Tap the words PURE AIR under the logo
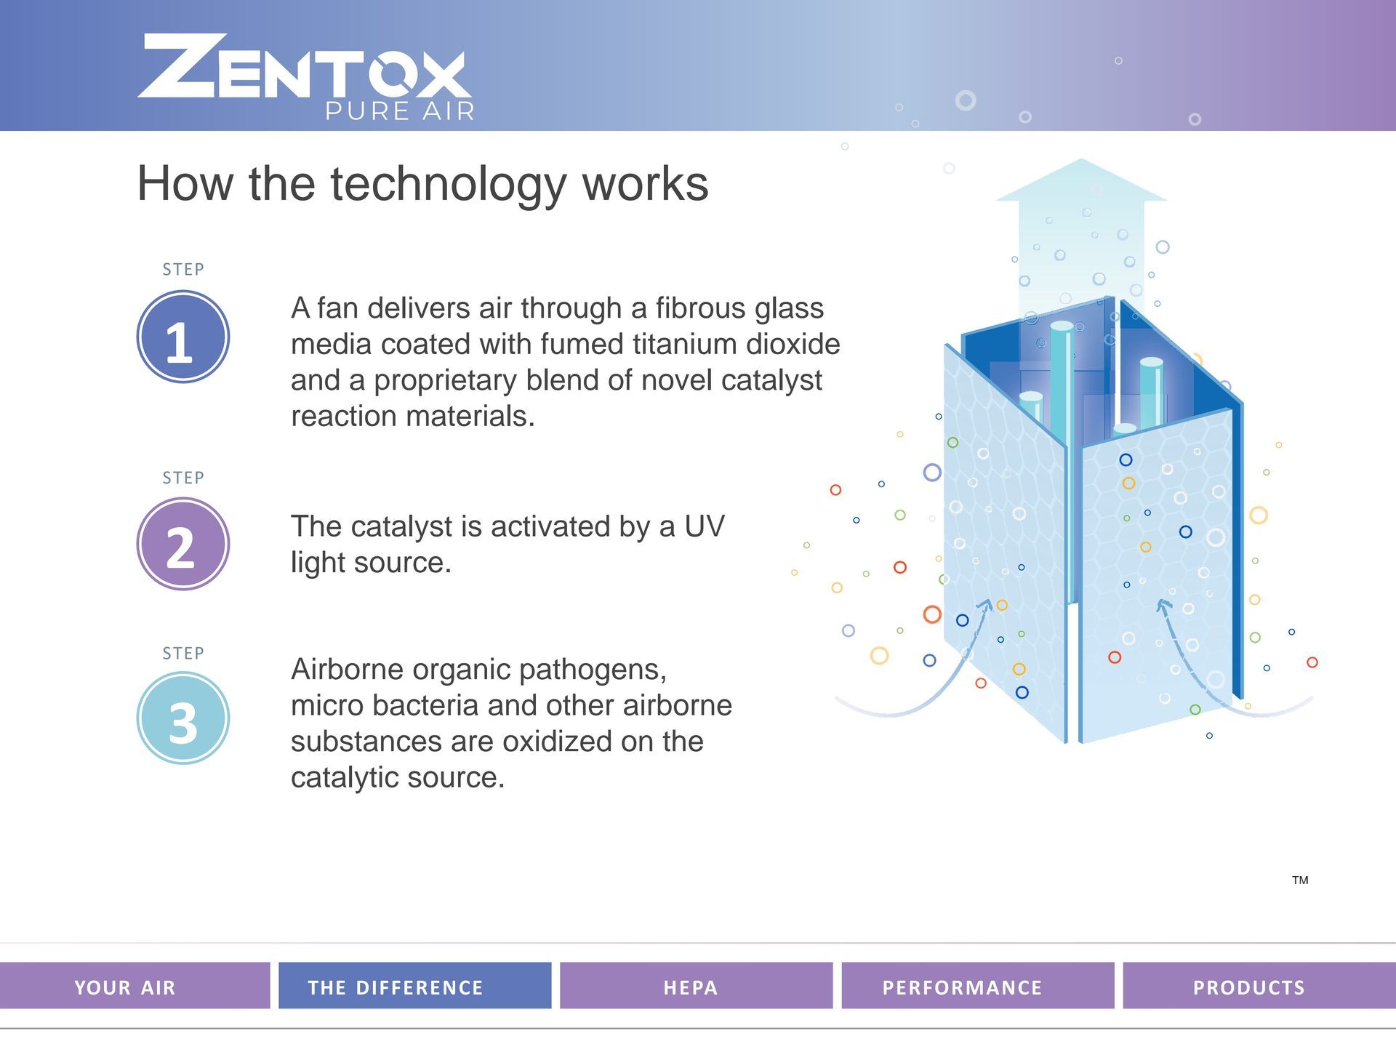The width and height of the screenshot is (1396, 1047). click(x=400, y=111)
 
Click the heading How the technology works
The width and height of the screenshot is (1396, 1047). click(x=422, y=183)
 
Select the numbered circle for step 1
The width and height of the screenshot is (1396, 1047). click(x=183, y=337)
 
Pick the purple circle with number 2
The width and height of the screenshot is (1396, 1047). click(x=183, y=544)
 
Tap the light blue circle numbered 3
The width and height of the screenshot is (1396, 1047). click(x=183, y=718)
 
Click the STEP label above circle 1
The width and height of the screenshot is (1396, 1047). click(x=183, y=269)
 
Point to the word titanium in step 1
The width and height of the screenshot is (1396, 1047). click(x=680, y=344)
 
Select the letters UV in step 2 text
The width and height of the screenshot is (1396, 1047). click(x=705, y=526)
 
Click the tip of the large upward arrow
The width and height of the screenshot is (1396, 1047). click(x=1081, y=159)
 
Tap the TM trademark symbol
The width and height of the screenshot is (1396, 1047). click(x=1300, y=880)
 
